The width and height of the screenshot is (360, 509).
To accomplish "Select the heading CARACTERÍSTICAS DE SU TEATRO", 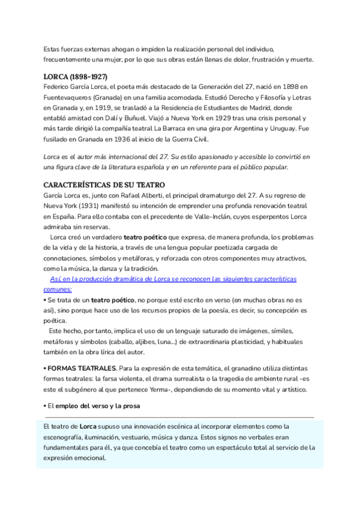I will (x=104, y=184).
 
